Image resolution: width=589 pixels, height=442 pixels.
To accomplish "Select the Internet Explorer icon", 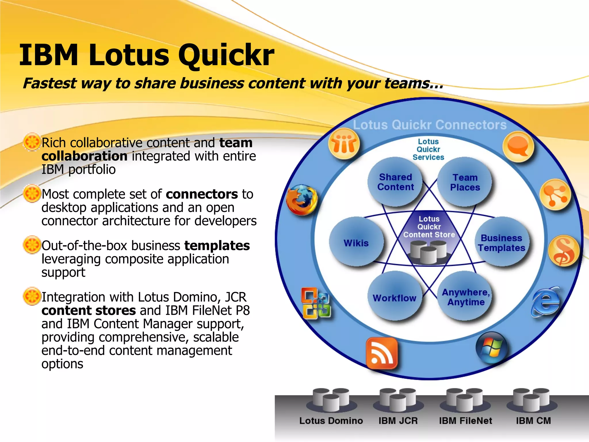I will pyautogui.click(x=545, y=302).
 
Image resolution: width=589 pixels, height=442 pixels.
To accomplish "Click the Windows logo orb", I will pyautogui.click(x=492, y=347).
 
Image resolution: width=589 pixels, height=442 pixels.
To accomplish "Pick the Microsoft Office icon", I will pyautogui.click(x=316, y=303).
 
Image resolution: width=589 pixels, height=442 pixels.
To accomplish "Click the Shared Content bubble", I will pyautogui.click(x=395, y=182).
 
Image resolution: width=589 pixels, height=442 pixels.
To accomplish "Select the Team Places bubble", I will pyautogui.click(x=465, y=182).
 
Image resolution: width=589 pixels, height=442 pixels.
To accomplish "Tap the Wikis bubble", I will pyautogui.click(x=356, y=243).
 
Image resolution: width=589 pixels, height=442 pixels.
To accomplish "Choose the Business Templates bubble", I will pyautogui.click(x=501, y=243).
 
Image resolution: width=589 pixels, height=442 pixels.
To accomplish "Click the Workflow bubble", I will pyautogui.click(x=395, y=298).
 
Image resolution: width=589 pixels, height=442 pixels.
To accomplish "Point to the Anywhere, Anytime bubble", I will pyautogui.click(x=465, y=297).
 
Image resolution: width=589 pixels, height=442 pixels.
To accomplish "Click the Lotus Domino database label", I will pyautogui.click(x=331, y=421).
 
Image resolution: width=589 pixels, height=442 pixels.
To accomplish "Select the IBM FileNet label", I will pyautogui.click(x=465, y=421).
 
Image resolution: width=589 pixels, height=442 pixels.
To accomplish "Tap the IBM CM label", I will pyautogui.click(x=533, y=421).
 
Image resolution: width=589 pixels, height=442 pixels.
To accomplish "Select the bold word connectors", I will pyautogui.click(x=202, y=194).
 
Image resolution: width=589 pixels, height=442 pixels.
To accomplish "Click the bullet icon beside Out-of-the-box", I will pyautogui.click(x=32, y=245).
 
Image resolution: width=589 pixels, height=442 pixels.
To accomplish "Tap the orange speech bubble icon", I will pyautogui.click(x=518, y=146).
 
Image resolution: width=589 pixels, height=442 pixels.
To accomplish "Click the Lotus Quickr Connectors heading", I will pyautogui.click(x=430, y=125).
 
